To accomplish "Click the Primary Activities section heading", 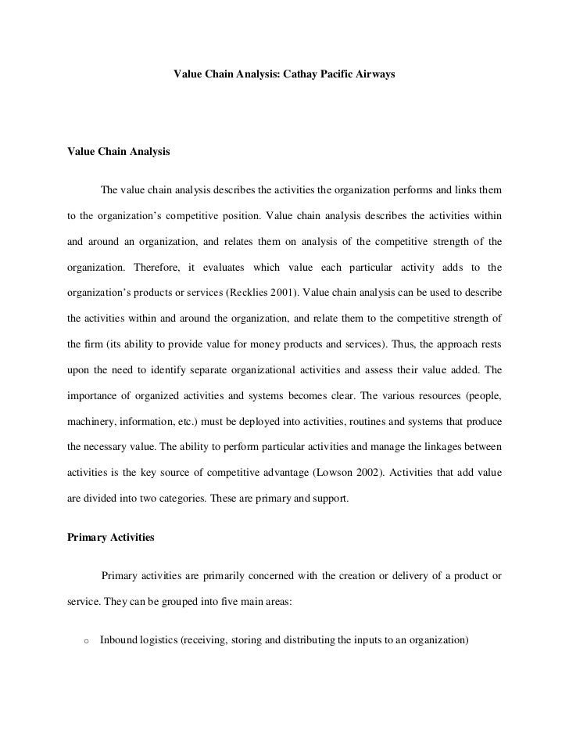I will (112, 538).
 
